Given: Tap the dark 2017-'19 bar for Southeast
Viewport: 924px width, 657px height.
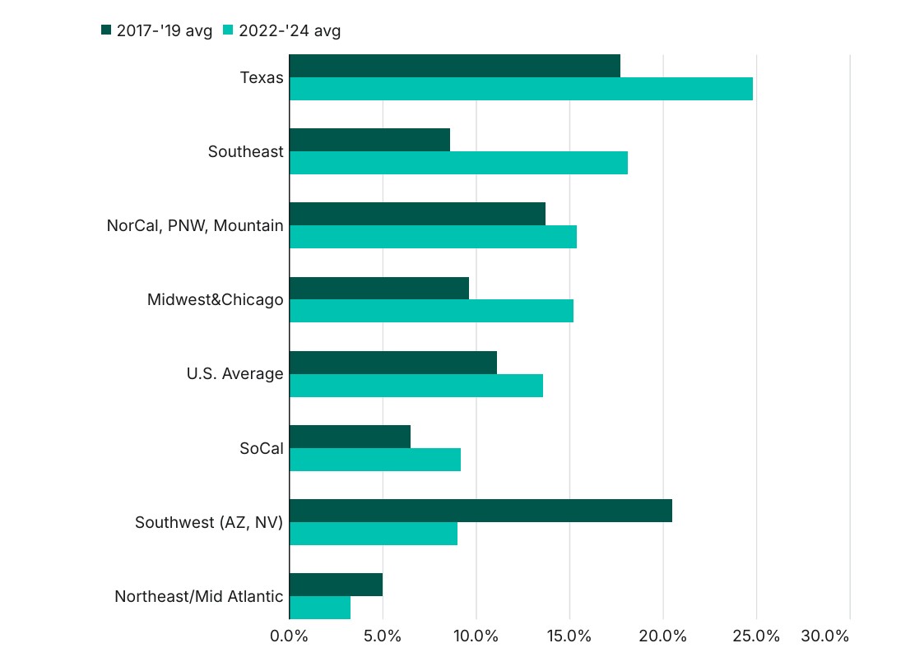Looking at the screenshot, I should point(369,140).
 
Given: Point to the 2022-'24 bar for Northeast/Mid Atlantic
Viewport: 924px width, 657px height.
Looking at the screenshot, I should point(320,608).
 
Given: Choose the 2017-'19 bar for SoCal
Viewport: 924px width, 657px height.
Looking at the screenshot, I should point(350,437).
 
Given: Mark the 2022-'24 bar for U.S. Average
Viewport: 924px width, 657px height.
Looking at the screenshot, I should point(416,386).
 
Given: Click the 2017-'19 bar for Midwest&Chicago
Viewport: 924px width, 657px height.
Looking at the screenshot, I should point(379,288).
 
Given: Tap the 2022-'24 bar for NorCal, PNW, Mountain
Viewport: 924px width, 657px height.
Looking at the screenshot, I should point(433,237).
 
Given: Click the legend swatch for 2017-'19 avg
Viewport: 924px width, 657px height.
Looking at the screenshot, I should point(105,30).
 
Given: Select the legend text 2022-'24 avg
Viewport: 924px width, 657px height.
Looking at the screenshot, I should point(290,31).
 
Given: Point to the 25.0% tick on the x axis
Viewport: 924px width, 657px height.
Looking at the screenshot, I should point(756,636).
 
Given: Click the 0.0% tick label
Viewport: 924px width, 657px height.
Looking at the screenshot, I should point(289,636).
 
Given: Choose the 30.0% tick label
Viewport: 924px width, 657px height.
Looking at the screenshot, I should point(824,636).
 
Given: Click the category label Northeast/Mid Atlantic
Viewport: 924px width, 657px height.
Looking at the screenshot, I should point(199,597).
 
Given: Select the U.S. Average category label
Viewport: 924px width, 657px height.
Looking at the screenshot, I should point(234,374).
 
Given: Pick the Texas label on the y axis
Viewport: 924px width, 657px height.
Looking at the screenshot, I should point(262,78).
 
